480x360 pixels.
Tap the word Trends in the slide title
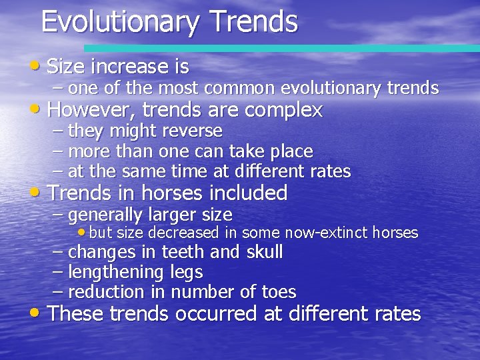click(x=253, y=21)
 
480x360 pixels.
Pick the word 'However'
click(x=91, y=109)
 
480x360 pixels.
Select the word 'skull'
click(x=265, y=252)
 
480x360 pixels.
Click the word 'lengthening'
click(x=117, y=273)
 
